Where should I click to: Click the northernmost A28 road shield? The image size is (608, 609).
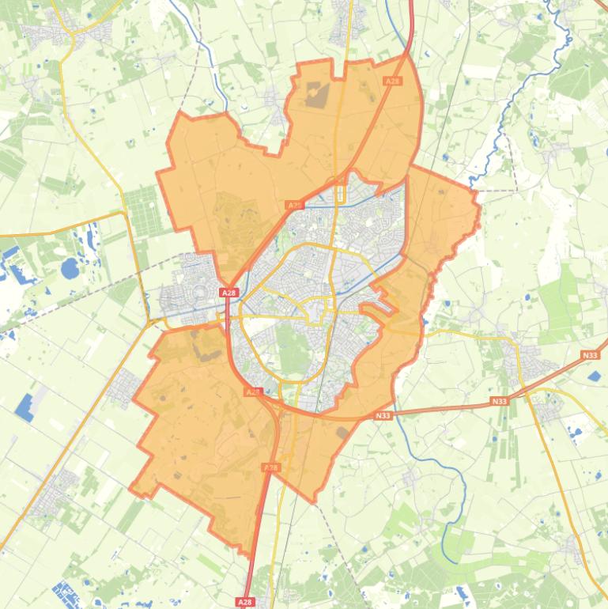(391, 81)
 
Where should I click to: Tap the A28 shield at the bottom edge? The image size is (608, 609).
(246, 602)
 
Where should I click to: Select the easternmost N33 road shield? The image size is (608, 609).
(590, 356)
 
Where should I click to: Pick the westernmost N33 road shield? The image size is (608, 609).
(383, 415)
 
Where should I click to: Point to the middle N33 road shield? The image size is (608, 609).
(499, 402)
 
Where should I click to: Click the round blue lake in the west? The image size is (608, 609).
(70, 269)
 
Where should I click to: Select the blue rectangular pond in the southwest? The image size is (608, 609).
(26, 406)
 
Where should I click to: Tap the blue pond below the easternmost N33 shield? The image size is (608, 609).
(595, 376)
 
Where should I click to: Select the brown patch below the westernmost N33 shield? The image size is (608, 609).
(342, 433)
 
